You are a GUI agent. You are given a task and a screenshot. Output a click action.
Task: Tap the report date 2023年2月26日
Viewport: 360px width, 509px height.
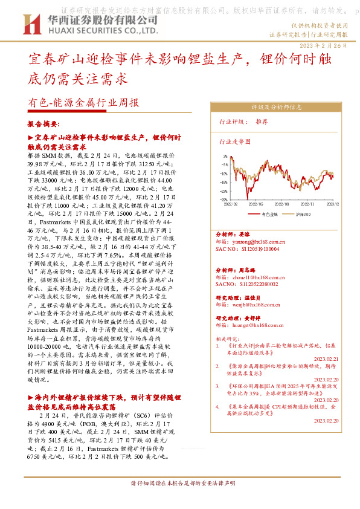pyautogui.click(x=323, y=46)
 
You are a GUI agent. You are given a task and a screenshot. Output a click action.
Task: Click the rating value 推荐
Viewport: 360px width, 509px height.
pyautogui.click(x=262, y=122)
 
